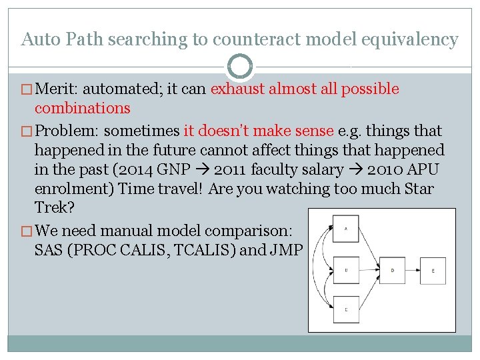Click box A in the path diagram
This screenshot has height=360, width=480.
(346, 229)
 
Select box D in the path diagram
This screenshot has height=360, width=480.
(393, 270)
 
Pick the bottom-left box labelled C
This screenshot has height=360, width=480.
(346, 310)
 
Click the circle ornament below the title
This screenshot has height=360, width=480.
(240, 67)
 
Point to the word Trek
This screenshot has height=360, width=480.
(53, 208)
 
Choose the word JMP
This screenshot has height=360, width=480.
(287, 251)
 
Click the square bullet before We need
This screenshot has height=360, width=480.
(27, 231)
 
